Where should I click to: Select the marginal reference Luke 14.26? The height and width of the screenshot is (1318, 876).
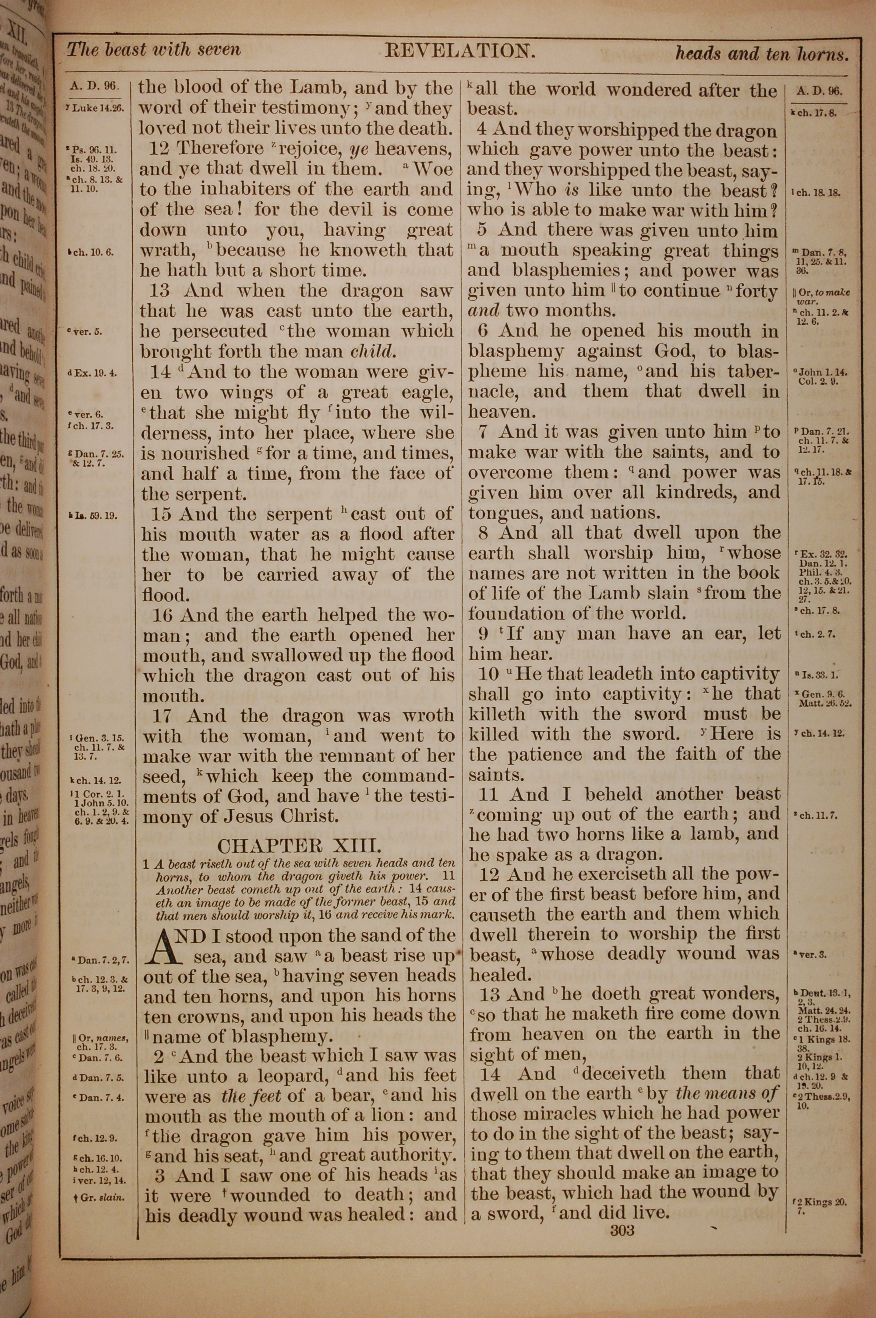[96, 108]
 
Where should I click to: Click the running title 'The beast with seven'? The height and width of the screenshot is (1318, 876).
[154, 50]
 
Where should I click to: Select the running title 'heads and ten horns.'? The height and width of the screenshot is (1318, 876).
[762, 54]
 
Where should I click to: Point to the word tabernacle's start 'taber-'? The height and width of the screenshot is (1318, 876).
[748, 372]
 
